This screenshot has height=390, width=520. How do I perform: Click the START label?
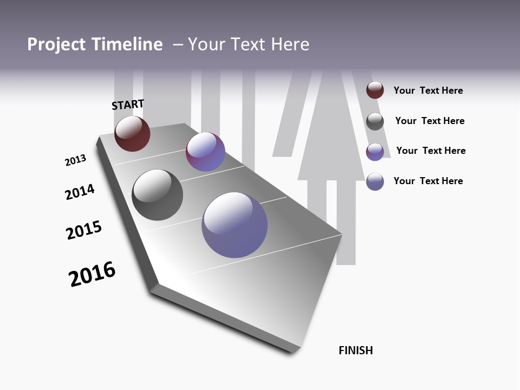[128, 105]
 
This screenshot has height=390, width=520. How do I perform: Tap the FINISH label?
[356, 350]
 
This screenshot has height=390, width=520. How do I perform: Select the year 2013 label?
[75, 160]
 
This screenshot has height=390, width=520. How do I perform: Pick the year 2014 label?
[80, 192]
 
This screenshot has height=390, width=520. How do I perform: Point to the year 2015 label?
[84, 230]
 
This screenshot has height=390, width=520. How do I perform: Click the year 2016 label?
[92, 274]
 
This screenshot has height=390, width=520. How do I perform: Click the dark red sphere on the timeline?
[132, 133]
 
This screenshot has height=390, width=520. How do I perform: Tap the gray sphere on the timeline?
[157, 195]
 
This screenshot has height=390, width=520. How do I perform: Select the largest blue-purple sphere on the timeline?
[235, 225]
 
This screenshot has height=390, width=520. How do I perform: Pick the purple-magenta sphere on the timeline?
[205, 152]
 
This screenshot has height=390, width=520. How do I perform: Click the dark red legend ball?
[375, 90]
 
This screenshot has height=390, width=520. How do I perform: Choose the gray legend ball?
[375, 121]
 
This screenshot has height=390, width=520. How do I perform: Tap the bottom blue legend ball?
[375, 181]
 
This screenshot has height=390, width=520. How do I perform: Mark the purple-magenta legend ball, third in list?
[375, 152]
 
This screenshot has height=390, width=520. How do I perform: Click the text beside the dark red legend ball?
[428, 90]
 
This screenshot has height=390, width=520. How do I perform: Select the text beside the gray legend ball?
[430, 121]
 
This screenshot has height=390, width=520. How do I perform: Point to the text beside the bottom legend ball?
[428, 181]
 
